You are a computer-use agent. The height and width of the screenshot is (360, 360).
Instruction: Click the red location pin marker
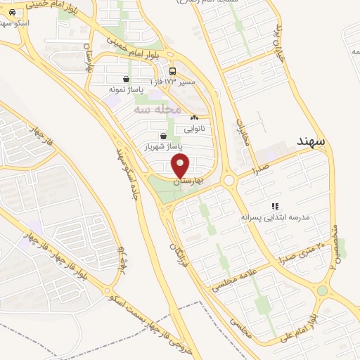click(x=181, y=166)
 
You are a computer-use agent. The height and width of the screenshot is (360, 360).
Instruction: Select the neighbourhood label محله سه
click(x=158, y=110)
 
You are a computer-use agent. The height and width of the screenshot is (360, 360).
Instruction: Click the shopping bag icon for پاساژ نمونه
click(x=126, y=79)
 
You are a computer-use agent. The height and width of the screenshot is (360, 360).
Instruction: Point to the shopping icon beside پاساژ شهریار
click(x=163, y=136)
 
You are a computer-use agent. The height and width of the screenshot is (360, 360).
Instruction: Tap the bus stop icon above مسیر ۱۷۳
click(x=173, y=72)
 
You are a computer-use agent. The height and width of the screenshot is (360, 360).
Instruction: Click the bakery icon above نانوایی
click(x=194, y=118)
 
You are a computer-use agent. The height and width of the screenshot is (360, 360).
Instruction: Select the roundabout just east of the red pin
click(x=229, y=180)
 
